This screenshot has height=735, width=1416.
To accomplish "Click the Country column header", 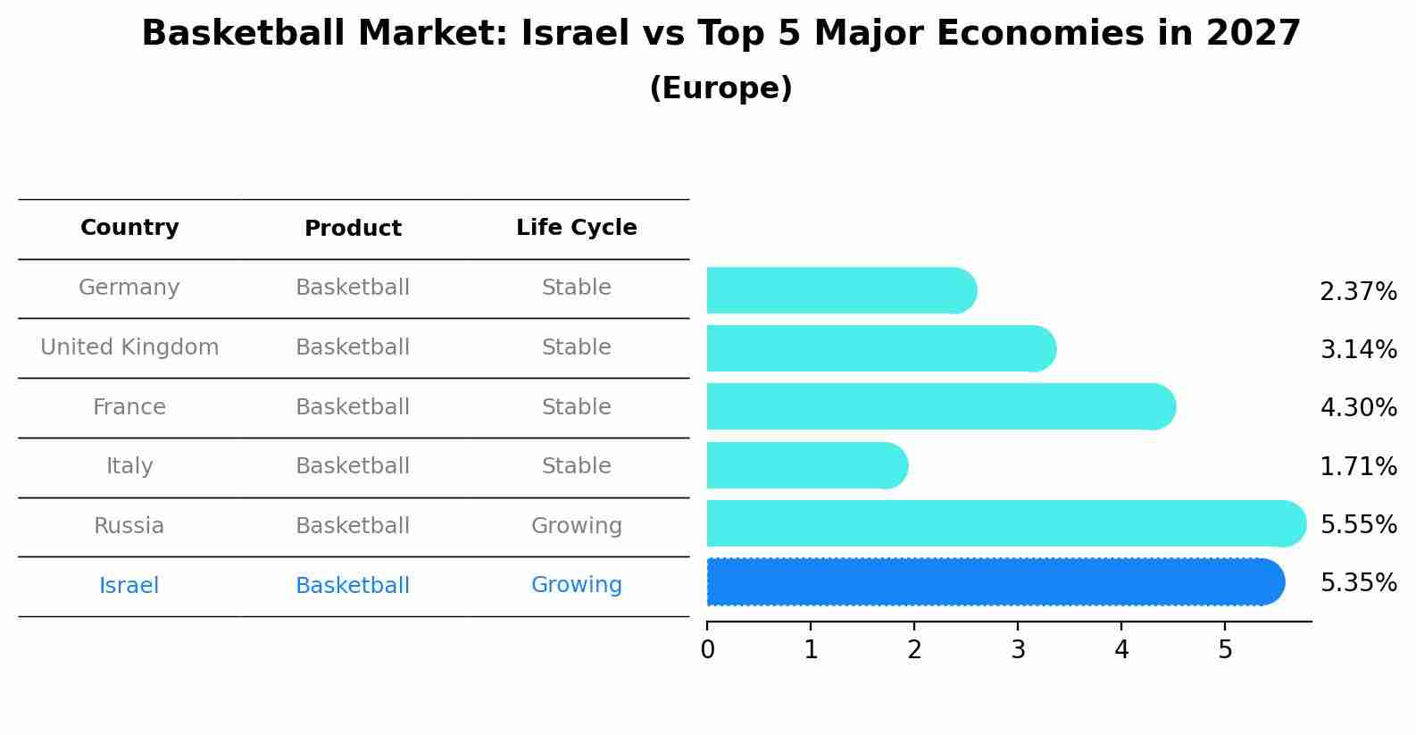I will coord(129,228).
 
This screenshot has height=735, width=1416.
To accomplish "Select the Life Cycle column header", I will coord(576,228).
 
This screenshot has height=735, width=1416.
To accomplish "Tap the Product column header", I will coord(353,229).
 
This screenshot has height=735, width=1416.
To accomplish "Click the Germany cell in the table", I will coord(129,288).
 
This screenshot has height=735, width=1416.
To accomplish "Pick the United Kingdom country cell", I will coord(129,347).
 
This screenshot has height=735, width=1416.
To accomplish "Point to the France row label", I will coord(129,407).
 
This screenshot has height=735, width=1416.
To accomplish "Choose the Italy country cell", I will coord(129,466).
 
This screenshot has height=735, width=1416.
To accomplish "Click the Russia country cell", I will coord(129,526).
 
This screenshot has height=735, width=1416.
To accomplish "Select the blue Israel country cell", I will coord(129,586).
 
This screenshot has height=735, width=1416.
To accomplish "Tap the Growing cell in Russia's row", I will coord(576,526).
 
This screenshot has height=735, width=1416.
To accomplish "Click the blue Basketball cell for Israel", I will coord(353,586).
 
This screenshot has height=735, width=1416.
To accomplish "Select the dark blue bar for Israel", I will coord(991,582).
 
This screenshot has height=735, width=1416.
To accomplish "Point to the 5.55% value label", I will coord(1358,524).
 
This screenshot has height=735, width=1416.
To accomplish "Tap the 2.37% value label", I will coord(1358,292).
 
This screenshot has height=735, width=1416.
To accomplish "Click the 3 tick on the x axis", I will coord(1018,650).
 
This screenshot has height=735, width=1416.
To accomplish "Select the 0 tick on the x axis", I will coord(707,650).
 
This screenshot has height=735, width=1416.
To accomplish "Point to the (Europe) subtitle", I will coord(720,88).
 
